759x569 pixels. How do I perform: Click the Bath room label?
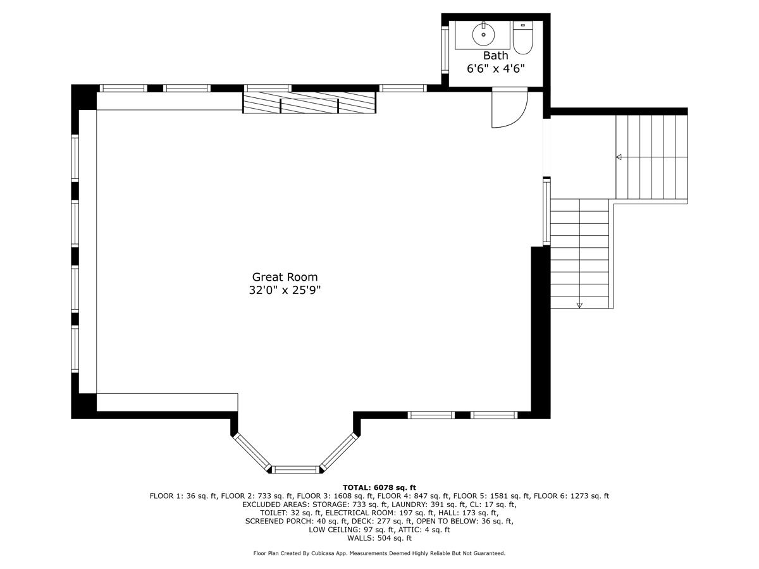tap(495, 55)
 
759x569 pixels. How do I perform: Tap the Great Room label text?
tap(285, 277)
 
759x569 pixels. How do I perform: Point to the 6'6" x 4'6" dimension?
tap(495, 69)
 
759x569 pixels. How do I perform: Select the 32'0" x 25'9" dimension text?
tap(285, 290)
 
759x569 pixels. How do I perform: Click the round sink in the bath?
tap(483, 34)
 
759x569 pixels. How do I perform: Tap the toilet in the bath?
tap(522, 37)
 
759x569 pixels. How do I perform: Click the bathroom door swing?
tap(510, 107)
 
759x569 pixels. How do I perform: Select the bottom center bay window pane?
tap(295, 470)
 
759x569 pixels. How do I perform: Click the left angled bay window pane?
tap(252, 451)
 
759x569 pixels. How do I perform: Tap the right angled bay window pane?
tap(338, 451)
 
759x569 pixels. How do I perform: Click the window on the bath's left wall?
tap(445, 49)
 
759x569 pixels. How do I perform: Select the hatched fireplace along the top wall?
tap(309, 102)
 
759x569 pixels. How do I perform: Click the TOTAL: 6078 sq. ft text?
tap(379, 487)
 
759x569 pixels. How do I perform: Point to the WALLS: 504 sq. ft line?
tap(379, 538)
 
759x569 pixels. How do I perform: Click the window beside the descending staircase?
tap(546, 212)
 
